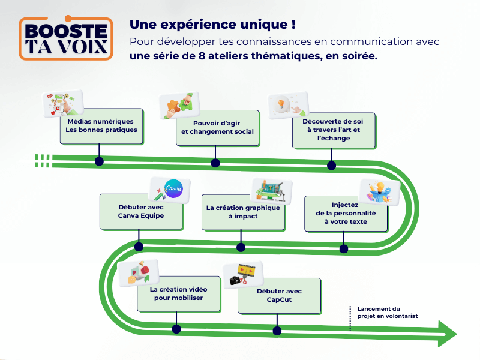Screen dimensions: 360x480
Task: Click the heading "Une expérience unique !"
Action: tap(212, 25)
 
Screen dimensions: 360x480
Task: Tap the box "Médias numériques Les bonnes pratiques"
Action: tap(101, 126)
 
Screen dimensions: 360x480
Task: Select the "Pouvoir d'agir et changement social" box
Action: tap(218, 128)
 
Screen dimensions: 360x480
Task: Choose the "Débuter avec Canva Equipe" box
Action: tap(141, 211)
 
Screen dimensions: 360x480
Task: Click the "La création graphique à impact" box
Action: tap(243, 212)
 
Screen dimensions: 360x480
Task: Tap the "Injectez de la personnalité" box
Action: tap(345, 213)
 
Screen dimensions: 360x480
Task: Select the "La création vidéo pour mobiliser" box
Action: tap(178, 293)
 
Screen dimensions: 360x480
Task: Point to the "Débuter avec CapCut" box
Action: tap(279, 295)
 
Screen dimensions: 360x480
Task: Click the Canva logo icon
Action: tap(171, 190)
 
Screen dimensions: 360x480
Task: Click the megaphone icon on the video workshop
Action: tap(139, 272)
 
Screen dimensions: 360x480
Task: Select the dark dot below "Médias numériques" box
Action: tap(99, 161)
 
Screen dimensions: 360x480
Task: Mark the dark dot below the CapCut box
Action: tap(277, 330)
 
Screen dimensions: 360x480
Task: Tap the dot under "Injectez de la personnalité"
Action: tap(344, 248)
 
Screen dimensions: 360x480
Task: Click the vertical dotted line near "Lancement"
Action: tap(350, 318)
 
